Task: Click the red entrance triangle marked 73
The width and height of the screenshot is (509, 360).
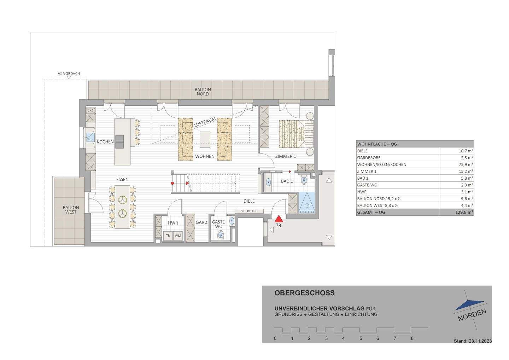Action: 279,219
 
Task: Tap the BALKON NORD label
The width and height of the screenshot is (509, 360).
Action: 203,92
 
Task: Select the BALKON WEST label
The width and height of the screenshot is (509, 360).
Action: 71,210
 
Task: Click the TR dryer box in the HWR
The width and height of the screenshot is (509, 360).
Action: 168,236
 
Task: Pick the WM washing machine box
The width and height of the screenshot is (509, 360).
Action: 177,236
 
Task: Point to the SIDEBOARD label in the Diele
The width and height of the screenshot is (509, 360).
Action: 249,211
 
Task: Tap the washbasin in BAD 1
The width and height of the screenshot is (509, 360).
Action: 268,182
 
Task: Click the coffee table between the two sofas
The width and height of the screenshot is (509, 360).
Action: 205,139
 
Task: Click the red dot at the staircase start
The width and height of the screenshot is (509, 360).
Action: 172,183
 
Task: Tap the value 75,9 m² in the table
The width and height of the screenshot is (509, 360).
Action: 466,164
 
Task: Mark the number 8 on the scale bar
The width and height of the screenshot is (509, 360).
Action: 412,338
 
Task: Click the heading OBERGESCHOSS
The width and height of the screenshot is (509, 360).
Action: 304,293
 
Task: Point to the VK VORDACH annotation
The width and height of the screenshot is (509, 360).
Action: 69,74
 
